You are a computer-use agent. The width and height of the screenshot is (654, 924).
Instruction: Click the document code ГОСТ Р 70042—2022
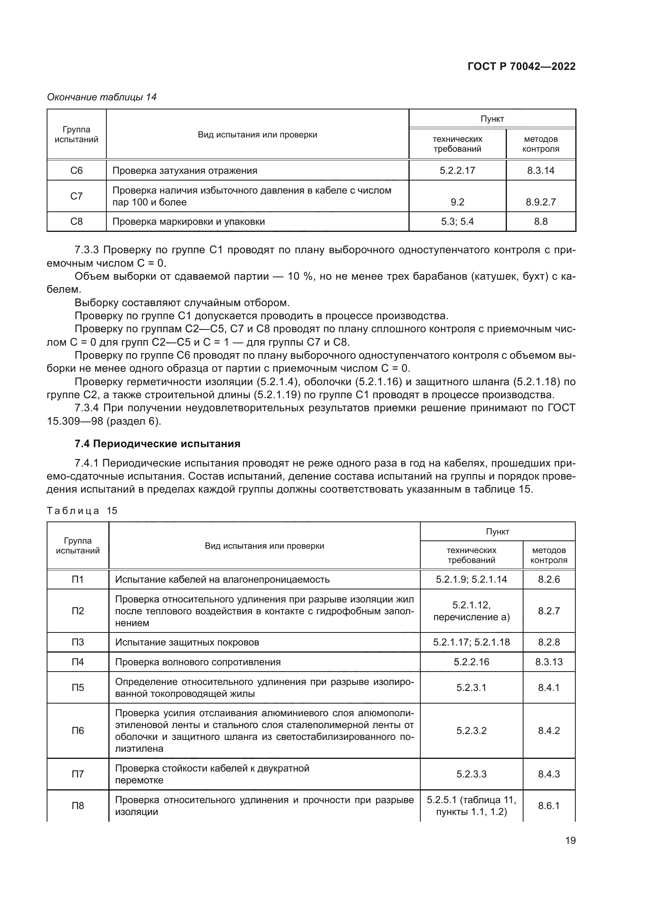pyautogui.click(x=522, y=66)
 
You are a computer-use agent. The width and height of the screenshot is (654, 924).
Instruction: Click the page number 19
pyautogui.click(x=570, y=840)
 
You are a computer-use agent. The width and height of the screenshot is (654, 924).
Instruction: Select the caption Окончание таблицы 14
pyautogui.click(x=102, y=97)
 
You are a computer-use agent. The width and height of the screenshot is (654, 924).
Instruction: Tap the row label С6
pyautogui.click(x=77, y=171)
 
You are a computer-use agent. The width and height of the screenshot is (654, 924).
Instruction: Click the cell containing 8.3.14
pyautogui.click(x=541, y=171)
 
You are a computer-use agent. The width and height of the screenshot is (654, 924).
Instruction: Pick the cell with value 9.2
pyautogui.click(x=457, y=202)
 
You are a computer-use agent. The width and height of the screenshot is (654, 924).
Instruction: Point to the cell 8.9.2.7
pyautogui.click(x=541, y=202)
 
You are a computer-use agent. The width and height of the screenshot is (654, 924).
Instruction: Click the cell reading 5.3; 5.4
pyautogui.click(x=457, y=222)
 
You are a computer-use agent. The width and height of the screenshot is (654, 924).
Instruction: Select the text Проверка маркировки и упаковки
pyautogui.click(x=189, y=222)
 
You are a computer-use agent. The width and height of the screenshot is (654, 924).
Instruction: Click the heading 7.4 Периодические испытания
pyautogui.click(x=157, y=444)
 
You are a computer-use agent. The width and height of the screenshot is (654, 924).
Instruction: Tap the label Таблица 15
pyautogui.click(x=82, y=511)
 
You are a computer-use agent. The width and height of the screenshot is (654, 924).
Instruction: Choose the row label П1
pyautogui.click(x=78, y=579)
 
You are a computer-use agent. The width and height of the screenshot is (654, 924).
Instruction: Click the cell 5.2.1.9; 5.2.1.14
pyautogui.click(x=471, y=579)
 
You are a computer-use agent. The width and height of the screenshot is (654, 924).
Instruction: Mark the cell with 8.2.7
pyautogui.click(x=548, y=611)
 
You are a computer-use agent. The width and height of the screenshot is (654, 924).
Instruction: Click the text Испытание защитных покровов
pyautogui.click(x=187, y=642)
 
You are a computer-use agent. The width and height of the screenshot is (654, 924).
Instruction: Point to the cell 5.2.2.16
pyautogui.click(x=471, y=662)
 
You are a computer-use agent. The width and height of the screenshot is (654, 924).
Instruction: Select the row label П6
pyautogui.click(x=78, y=730)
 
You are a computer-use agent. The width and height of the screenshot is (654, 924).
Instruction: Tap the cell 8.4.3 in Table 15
pyautogui.click(x=548, y=774)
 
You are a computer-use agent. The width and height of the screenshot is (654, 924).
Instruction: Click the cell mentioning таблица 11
pyautogui.click(x=471, y=805)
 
